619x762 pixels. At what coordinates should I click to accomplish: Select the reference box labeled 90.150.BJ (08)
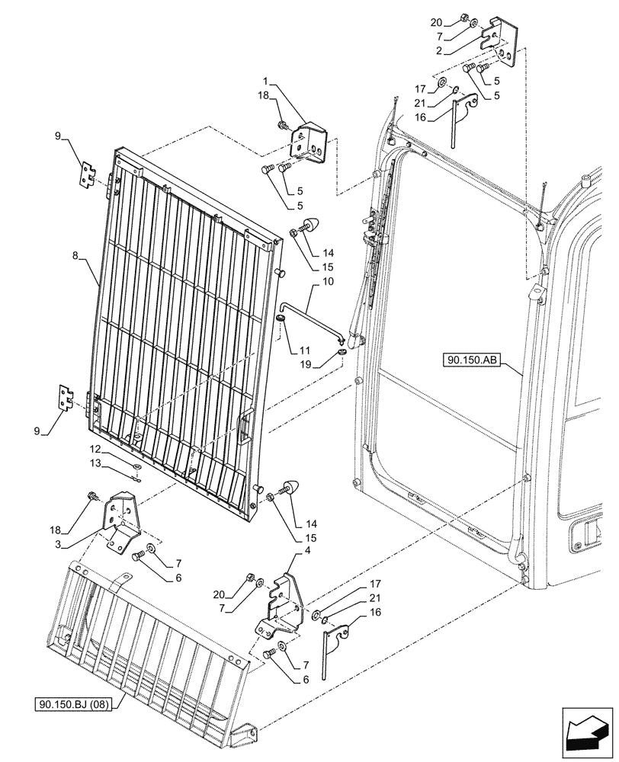73,704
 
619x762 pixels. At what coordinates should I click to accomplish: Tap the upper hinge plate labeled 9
90,174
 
